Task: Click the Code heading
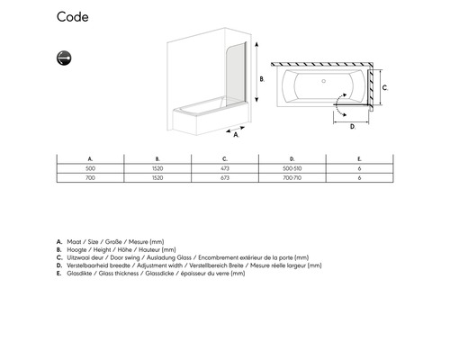click(x=73, y=17)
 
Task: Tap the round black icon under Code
click(x=64, y=58)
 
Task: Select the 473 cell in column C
click(x=225, y=168)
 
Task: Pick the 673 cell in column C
click(x=225, y=178)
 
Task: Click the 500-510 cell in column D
click(x=292, y=168)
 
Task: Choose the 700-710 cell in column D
click(x=292, y=178)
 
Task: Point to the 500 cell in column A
click(x=90, y=168)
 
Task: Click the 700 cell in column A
click(x=90, y=178)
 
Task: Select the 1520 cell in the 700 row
click(x=157, y=178)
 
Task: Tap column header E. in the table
click(x=359, y=159)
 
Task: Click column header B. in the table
click(x=157, y=159)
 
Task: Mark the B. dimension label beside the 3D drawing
click(x=262, y=79)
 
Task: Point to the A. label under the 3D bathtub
click(x=236, y=135)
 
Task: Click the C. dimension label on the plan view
click(x=385, y=88)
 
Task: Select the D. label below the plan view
click(x=353, y=127)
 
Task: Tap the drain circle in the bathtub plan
click(x=324, y=81)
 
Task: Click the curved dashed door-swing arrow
click(x=337, y=104)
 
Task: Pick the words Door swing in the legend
click(x=125, y=257)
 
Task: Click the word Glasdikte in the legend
click(x=79, y=274)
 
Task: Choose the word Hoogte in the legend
click(x=76, y=249)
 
